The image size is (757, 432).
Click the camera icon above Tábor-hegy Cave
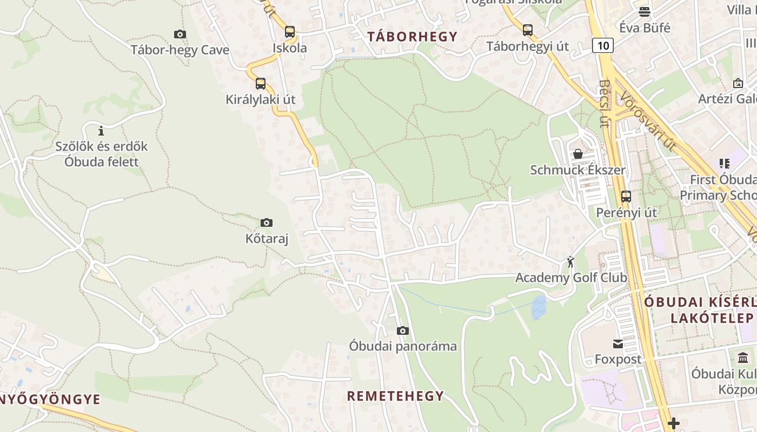pyautogui.click(x=180, y=34)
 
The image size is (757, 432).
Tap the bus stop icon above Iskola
pyautogui.click(x=290, y=31)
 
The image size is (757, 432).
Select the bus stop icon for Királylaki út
pyautogui.click(x=261, y=83)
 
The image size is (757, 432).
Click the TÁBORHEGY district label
pyautogui.click(x=413, y=37)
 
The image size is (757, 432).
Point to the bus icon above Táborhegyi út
pyautogui.click(x=528, y=30)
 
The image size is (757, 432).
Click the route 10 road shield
pyautogui.click(x=603, y=45)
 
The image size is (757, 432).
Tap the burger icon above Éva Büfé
pyautogui.click(x=645, y=11)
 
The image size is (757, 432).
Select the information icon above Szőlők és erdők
pyautogui.click(x=101, y=131)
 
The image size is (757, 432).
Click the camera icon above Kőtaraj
pyautogui.click(x=266, y=222)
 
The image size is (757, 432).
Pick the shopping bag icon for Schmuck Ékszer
pyautogui.click(x=578, y=154)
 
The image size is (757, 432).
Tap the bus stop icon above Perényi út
pyautogui.click(x=626, y=196)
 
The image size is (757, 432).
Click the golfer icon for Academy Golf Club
pyautogui.click(x=570, y=262)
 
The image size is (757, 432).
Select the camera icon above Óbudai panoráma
pyautogui.click(x=403, y=330)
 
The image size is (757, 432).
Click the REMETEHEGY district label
pyautogui.click(x=395, y=396)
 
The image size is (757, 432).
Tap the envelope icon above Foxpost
pyautogui.click(x=618, y=343)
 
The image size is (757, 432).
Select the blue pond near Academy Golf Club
pyautogui.click(x=539, y=307)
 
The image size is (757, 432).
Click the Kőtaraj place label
pyautogui.click(x=267, y=238)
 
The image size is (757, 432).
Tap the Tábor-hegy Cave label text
pyautogui.click(x=180, y=50)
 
